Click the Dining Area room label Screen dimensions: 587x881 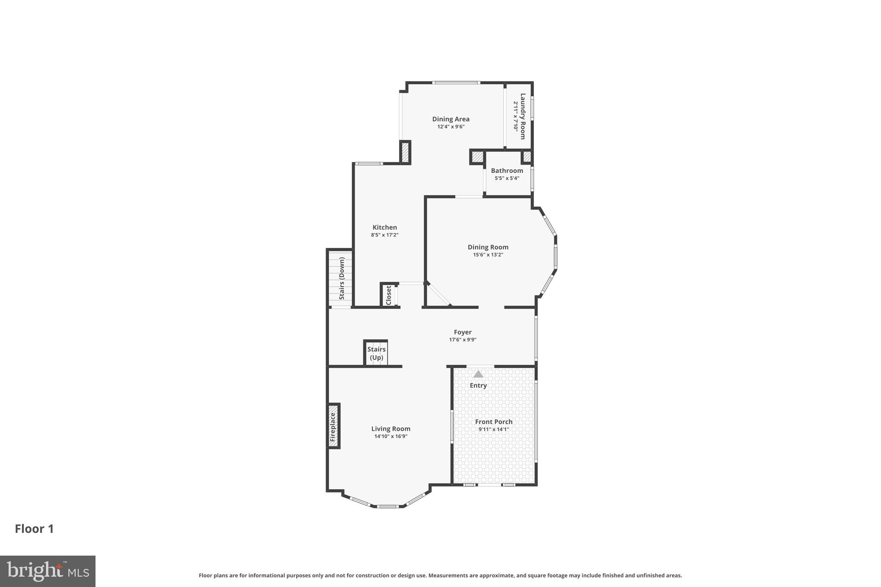(450, 119)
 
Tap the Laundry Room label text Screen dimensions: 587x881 (523, 116)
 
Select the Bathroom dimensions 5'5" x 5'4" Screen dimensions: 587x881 (507, 178)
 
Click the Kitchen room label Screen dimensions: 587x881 (385, 227)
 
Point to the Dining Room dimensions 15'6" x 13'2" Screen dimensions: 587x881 (488, 255)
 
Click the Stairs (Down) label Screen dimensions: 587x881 (342, 278)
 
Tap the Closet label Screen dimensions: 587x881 (388, 295)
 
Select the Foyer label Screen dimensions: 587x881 (462, 332)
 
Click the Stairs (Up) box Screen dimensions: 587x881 (376, 353)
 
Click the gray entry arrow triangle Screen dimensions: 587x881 (478, 374)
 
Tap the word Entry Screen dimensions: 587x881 (478, 385)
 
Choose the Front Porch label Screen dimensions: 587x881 (493, 422)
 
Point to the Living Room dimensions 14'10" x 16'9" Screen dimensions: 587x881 (391, 436)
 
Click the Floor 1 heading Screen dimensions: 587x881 (34, 529)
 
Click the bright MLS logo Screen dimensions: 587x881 (48, 571)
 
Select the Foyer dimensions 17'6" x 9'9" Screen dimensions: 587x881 (462, 340)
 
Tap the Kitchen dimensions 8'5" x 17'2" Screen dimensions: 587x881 (385, 235)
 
